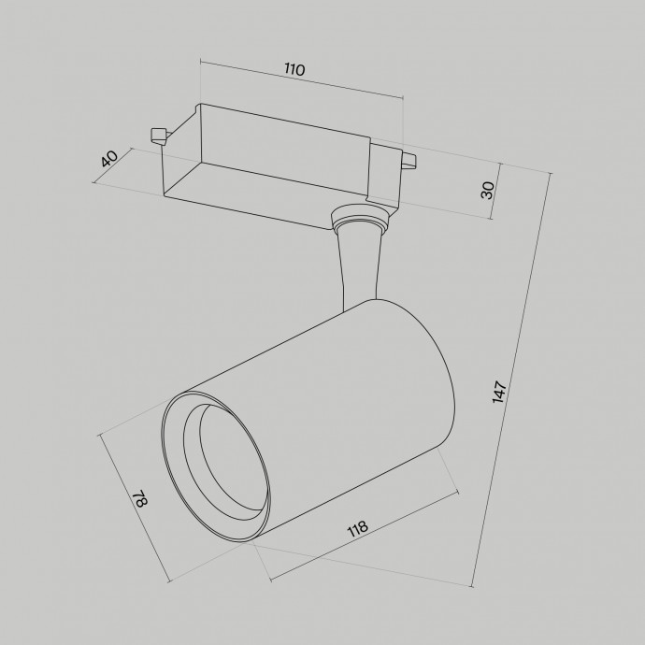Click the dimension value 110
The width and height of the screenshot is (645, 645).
click(x=295, y=69)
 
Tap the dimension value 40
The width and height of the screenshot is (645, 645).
click(x=109, y=159)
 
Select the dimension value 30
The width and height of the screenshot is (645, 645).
click(x=487, y=190)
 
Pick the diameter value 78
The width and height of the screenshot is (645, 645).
click(x=139, y=499)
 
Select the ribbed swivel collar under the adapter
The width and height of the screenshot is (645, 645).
click(x=359, y=222)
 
